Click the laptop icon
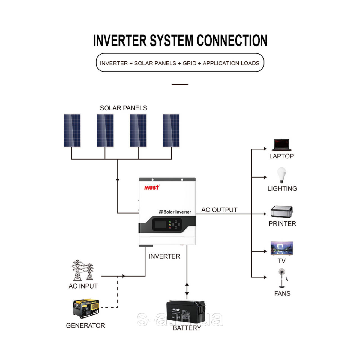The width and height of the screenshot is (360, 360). tap(282, 145)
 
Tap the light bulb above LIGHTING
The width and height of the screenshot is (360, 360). tap(281, 175)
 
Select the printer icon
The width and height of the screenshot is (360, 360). tap(282, 211)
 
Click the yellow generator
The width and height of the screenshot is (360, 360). tap(86, 308)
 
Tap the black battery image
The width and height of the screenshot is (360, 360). tap(186, 312)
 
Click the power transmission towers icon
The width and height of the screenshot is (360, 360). tap(83, 270)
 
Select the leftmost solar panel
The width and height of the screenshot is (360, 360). tap(72, 130)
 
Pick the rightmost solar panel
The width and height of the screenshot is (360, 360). tap(171, 130)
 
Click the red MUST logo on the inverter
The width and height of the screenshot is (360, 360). tap(151, 187)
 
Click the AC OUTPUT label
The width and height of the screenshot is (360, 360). tap(219, 210)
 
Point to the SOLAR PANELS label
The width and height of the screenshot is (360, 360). tap(123, 108)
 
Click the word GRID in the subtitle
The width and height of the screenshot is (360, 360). tap(189, 63)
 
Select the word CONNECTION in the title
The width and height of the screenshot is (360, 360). tap(232, 41)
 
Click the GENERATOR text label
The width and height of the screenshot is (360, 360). tap(85, 325)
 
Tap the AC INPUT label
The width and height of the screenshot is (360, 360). tap(83, 286)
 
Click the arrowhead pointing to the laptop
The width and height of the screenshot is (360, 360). tap(265, 149)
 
